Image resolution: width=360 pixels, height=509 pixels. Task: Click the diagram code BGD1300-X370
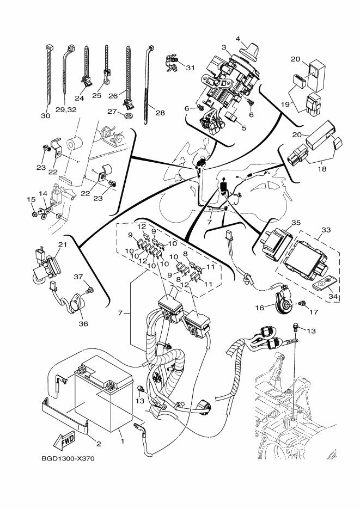tap(68, 459)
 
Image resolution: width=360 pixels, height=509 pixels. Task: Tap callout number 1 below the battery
tap(123, 441)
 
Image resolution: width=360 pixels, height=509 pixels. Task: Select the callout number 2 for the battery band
tap(99, 444)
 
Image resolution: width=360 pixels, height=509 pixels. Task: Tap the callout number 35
tap(296, 223)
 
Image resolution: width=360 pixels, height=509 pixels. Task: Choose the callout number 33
tap(326, 230)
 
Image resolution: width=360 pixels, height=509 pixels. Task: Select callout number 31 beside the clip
tap(190, 68)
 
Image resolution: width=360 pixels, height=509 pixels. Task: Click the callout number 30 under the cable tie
tap(45, 115)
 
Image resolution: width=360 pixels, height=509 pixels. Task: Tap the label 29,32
tap(66, 109)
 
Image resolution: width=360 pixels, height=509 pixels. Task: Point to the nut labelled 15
tap(34, 214)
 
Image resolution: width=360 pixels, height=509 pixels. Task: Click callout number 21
tap(62, 244)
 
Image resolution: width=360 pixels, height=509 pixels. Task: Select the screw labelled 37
tap(90, 289)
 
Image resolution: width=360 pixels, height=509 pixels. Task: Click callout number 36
tap(83, 324)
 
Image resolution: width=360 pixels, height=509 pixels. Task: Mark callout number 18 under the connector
tap(322, 169)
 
